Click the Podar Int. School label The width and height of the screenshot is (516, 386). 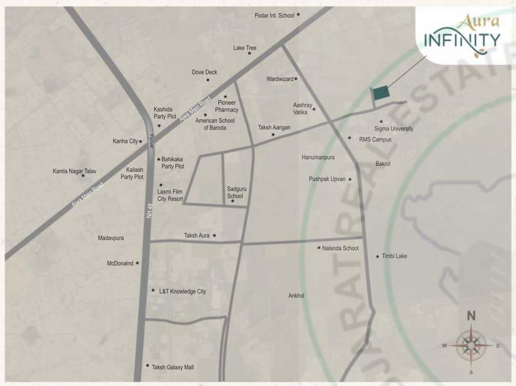pyautogui.click(x=274, y=16)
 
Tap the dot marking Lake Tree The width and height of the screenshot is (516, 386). pyautogui.click(x=249, y=53)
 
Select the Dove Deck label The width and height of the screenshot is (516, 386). pyautogui.click(x=204, y=72)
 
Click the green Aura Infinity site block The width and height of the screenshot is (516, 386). pyautogui.click(x=380, y=93)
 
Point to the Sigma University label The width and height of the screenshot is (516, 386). pyautogui.click(x=394, y=129)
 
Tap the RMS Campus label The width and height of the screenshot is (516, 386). pyautogui.click(x=375, y=139)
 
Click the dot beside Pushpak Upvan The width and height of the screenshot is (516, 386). pyautogui.click(x=350, y=179)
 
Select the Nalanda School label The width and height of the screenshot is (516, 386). pyautogui.click(x=341, y=248)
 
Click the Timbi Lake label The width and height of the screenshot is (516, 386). pyautogui.click(x=394, y=256)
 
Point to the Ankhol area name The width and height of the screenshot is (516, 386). pyautogui.click(x=296, y=296)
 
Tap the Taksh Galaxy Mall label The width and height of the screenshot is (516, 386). pyautogui.click(x=172, y=367)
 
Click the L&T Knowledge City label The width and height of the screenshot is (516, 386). pyautogui.click(x=182, y=292)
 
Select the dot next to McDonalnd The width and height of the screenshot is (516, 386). pyautogui.click(x=137, y=263)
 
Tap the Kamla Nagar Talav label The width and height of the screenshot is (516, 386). pyautogui.click(x=74, y=171)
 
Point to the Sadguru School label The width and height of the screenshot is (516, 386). pyautogui.click(x=235, y=192)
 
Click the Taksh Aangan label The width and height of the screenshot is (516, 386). pyautogui.click(x=274, y=128)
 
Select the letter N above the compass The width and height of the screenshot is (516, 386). pyautogui.click(x=471, y=317)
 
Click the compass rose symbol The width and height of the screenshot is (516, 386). pyautogui.click(x=471, y=345)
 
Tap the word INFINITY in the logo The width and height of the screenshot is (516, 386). pyautogui.click(x=462, y=39)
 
